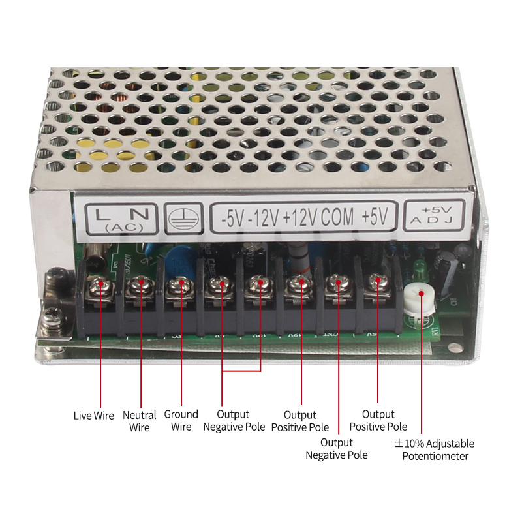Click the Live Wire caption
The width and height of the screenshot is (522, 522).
[93, 416]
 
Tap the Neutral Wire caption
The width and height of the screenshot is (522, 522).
[139, 422]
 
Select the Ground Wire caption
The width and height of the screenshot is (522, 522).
[181, 421]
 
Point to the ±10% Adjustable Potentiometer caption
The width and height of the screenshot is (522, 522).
[435, 450]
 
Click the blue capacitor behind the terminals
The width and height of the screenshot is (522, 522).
[176, 256]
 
